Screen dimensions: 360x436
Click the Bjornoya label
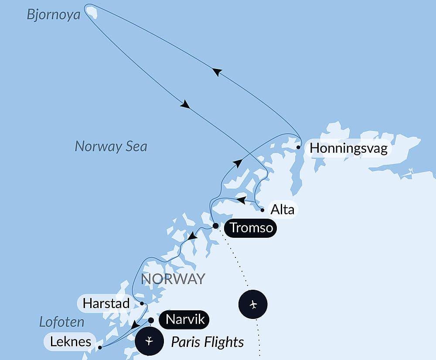[x=54, y=15]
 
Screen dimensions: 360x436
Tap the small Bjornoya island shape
[x=91, y=11]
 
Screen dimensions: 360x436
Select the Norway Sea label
[x=111, y=146]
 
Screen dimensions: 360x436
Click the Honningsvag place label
[x=348, y=149]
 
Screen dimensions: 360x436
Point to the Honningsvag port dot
[x=298, y=147]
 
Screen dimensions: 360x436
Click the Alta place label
[x=283, y=209]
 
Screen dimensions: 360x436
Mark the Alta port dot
[x=262, y=210]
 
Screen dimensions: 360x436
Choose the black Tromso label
[x=251, y=228]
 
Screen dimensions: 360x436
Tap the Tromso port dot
[x=215, y=226]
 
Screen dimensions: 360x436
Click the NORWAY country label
[x=173, y=279]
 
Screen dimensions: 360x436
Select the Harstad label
[x=106, y=303]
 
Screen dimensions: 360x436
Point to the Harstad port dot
[x=142, y=303]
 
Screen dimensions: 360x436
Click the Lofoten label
[x=61, y=322]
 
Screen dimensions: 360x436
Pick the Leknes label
[x=70, y=341]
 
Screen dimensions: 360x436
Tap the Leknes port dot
[x=100, y=348]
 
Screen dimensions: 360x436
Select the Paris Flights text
[x=207, y=342]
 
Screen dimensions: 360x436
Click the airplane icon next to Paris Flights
[x=149, y=341]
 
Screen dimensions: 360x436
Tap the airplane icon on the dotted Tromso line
[x=253, y=304]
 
